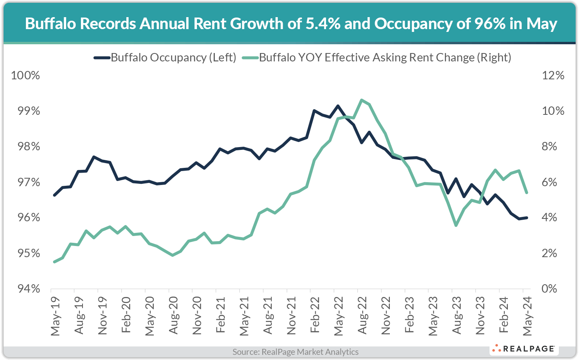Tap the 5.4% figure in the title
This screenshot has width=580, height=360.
[x=323, y=24]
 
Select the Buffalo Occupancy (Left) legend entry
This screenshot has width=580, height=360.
[x=165, y=57]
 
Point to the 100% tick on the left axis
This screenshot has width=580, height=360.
[x=26, y=75]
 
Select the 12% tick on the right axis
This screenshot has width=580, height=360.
[x=553, y=75]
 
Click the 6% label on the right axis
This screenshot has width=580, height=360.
[x=550, y=182]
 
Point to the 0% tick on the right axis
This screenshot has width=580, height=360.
[x=550, y=289]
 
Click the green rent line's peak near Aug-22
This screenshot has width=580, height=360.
[x=361, y=100]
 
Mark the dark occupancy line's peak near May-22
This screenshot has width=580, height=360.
[x=338, y=106]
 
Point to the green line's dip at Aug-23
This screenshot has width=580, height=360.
[x=456, y=225]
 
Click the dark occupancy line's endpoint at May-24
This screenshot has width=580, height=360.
[x=527, y=218]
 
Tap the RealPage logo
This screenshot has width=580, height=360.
[x=524, y=349]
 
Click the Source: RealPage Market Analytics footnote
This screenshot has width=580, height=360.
[x=295, y=352]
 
